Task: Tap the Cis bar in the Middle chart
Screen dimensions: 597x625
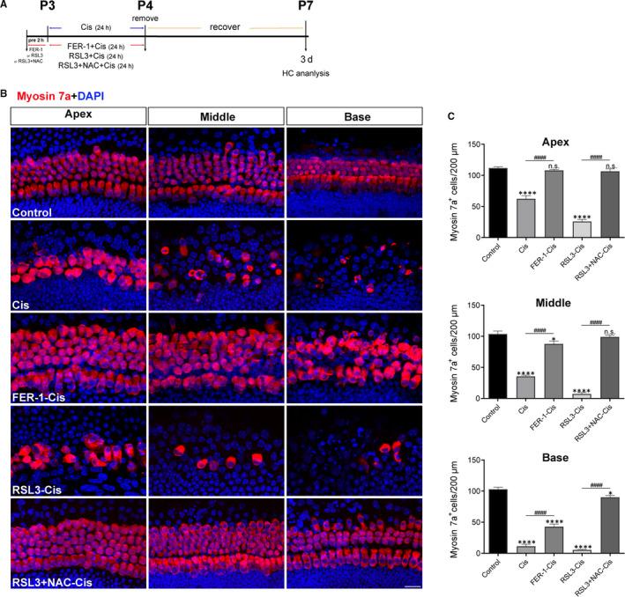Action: coord(526,387)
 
